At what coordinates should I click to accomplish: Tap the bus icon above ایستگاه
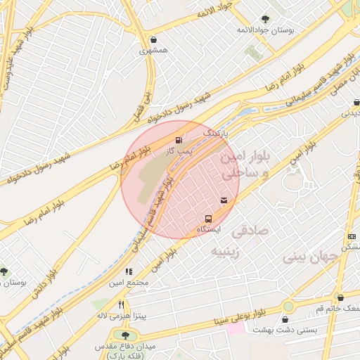pyautogui.click(x=208, y=219)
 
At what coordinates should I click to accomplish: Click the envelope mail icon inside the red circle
pyautogui.click(x=224, y=201)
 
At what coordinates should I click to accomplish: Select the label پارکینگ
pyautogui.click(x=216, y=132)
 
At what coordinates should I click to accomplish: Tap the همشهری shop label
pyautogui.click(x=153, y=51)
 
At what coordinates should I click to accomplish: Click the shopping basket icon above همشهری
pyautogui.click(x=154, y=39)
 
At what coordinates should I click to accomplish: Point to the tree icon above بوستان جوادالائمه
pyautogui.click(x=265, y=19)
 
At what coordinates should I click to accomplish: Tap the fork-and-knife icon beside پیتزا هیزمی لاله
pyautogui.click(x=121, y=304)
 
